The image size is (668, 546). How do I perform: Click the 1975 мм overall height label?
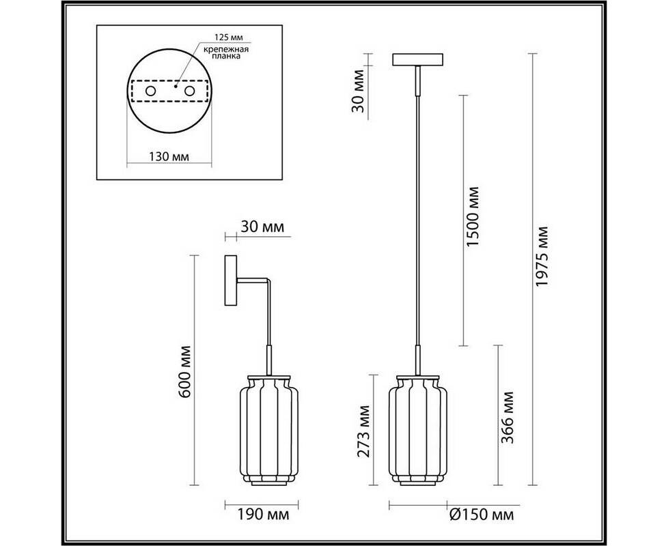(542, 256)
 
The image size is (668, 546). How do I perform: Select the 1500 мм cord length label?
(473, 216)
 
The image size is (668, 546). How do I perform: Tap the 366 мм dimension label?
(507, 418)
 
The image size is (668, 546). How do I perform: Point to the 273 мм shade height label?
(363, 431)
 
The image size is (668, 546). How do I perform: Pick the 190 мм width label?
(263, 515)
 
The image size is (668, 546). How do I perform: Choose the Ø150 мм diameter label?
(482, 515)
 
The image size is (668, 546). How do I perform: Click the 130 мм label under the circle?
(169, 156)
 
